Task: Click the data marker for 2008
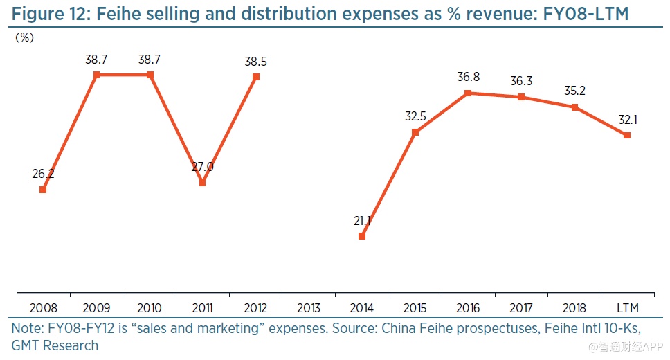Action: [x=43, y=189]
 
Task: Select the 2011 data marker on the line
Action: [x=202, y=183]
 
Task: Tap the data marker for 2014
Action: [x=362, y=236]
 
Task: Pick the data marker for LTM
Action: [x=627, y=136]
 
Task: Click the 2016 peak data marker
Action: [x=468, y=93]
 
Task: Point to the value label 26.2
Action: [x=43, y=174]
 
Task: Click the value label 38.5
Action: [x=256, y=62]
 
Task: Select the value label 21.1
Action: [x=362, y=221]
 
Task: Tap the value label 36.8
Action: [x=468, y=78]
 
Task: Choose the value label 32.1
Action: [x=628, y=120]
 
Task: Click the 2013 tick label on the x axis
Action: [x=309, y=307]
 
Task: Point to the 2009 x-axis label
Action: [x=96, y=307]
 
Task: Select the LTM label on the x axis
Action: [x=627, y=307]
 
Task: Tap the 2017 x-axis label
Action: [x=521, y=307]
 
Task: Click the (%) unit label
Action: [x=25, y=38]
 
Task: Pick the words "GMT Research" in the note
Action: [x=55, y=345]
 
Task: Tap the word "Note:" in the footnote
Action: [x=27, y=327]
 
